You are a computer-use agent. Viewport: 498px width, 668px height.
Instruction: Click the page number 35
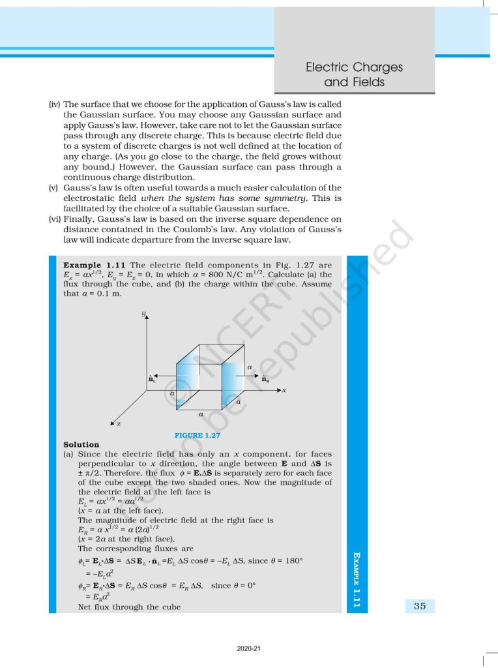coord(419,606)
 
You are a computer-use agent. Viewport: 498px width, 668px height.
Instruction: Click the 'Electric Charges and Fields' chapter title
coord(354,74)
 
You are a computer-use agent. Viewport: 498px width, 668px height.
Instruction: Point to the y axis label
coord(143,314)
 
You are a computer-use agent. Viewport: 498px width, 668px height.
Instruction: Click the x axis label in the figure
coord(285,390)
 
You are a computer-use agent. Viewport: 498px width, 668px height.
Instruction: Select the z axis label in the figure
coord(118,425)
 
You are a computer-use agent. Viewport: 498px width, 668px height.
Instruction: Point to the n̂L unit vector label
coord(151,378)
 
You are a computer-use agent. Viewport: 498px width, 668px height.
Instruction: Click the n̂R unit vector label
coord(266,378)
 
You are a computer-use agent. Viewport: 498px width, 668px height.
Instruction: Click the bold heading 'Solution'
coord(81,444)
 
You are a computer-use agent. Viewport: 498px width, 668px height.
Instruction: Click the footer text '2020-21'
coord(248,649)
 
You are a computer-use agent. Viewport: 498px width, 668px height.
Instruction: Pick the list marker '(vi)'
coord(55,219)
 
